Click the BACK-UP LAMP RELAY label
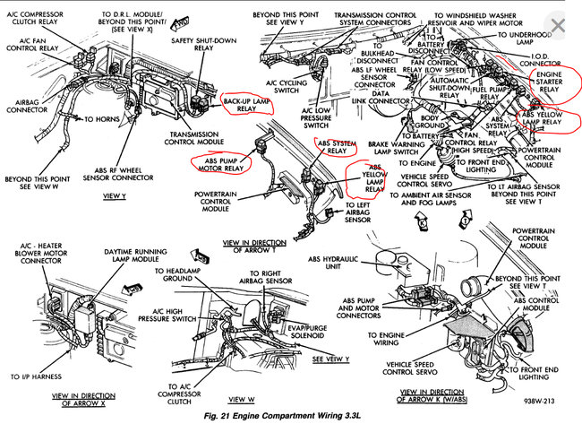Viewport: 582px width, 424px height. click(x=246, y=106)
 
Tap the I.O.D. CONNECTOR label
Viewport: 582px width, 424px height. click(x=541, y=61)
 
